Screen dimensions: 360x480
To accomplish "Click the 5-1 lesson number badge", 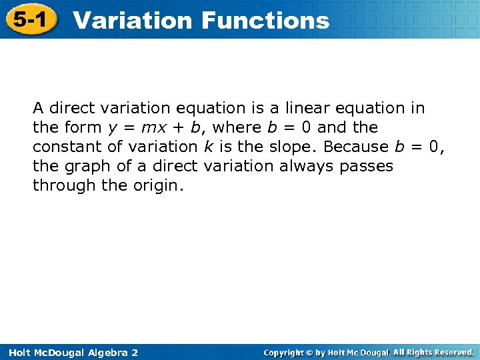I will pos(28,19).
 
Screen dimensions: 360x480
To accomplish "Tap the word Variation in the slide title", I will pos(133,21).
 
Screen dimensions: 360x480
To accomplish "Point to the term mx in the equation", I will pos(151,127).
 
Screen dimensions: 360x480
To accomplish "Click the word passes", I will pos(366,166).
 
